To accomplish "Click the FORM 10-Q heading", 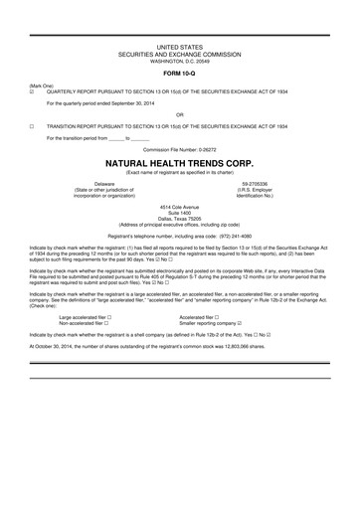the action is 179,74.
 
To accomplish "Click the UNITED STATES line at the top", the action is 180,47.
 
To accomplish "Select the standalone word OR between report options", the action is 180,115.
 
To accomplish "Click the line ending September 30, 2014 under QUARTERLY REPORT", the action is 109,103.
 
